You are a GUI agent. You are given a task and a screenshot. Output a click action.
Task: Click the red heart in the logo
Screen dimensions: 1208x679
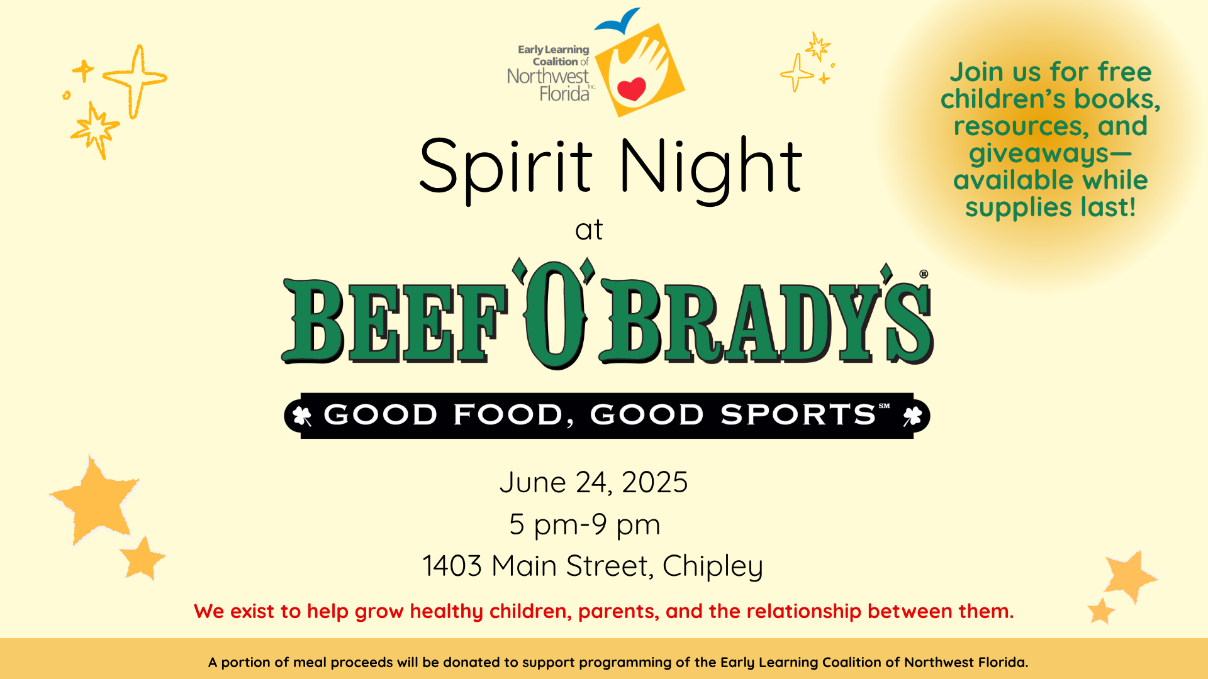[x=632, y=89]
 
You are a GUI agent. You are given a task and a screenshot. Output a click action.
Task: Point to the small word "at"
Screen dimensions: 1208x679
[x=589, y=230]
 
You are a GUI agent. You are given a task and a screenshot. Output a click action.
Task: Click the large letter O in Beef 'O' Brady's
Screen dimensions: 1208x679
[x=555, y=314]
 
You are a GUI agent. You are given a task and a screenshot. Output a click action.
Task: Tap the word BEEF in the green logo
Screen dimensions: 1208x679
[x=394, y=321]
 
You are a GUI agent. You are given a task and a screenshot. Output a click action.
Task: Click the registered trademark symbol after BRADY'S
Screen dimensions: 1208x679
[x=924, y=273]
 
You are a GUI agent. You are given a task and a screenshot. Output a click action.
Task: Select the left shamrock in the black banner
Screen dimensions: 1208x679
[x=303, y=416]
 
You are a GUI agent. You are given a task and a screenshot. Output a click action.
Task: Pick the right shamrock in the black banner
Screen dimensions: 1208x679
[x=912, y=416]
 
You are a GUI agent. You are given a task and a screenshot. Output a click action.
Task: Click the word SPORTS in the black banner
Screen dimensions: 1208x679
[x=798, y=415]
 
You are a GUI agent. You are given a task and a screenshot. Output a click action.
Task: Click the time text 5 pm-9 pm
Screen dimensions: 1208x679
[x=584, y=524]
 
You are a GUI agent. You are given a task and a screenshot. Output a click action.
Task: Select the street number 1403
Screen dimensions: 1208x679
[x=452, y=566]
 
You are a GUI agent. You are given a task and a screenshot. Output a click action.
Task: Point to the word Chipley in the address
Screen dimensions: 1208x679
[x=713, y=566]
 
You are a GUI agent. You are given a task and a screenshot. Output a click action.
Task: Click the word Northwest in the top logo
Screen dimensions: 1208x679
[x=548, y=77]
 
